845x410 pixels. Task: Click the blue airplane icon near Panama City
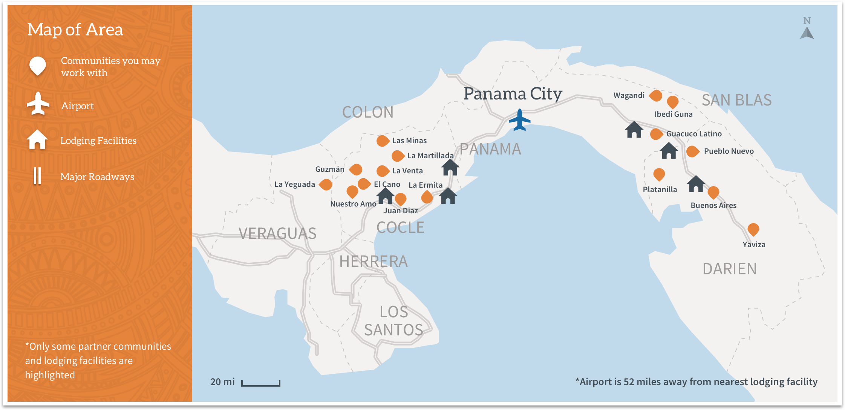click(519, 120)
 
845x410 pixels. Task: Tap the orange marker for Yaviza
click(753, 229)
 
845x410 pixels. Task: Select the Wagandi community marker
click(656, 96)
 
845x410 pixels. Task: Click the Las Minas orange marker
click(383, 141)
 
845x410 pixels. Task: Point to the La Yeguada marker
click(326, 185)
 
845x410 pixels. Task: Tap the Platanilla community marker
click(659, 174)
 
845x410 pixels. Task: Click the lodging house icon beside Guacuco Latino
click(634, 130)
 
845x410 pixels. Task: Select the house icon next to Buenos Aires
click(696, 184)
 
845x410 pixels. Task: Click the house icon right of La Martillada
click(450, 167)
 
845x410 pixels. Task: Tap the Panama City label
click(513, 93)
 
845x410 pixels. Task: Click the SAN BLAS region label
click(736, 100)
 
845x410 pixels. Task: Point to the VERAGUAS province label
click(277, 234)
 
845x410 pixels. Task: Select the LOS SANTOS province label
click(393, 321)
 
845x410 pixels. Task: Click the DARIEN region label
click(730, 269)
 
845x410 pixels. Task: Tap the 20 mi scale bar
click(260, 383)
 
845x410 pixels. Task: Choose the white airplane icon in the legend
click(38, 103)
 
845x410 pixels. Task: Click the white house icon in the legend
click(37, 139)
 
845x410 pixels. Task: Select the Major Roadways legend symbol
click(37, 176)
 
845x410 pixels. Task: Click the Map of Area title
click(75, 29)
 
